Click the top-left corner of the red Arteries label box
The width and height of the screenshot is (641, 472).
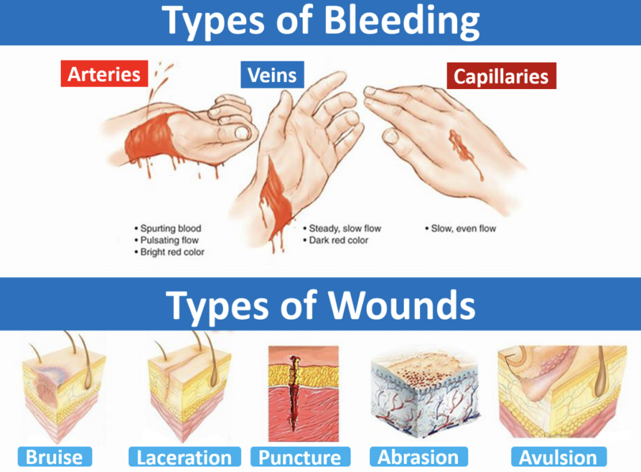coord(61,61)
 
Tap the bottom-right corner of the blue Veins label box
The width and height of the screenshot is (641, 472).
coord(304,88)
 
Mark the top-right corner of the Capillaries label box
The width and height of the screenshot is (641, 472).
coord(556,63)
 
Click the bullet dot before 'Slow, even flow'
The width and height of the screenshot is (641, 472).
coord(427,229)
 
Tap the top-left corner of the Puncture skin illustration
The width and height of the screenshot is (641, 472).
coord(269,347)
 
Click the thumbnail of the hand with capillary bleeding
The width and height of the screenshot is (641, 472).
coord(446,147)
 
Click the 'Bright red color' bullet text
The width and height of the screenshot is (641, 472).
coord(172,252)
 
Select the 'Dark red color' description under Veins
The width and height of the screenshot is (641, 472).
coord(339,240)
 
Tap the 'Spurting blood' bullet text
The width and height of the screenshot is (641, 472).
coord(170,228)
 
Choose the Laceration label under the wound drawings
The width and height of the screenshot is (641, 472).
coord(185,457)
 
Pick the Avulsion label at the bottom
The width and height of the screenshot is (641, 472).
coord(558,457)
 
